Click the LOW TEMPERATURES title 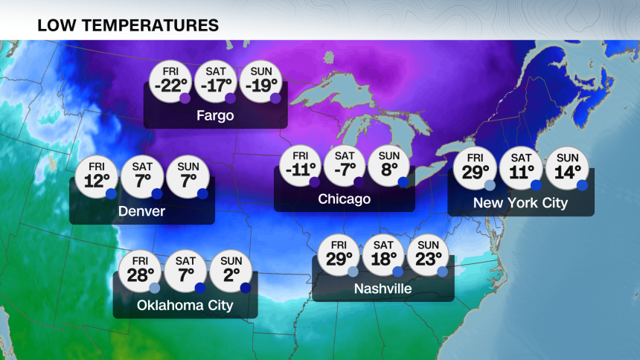127,25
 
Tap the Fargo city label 215,116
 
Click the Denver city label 141,212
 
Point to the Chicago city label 344,199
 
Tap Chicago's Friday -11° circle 300,167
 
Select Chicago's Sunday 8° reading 389,167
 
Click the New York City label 520,203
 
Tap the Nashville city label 383,289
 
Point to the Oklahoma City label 185,306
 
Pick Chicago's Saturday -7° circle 345,167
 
